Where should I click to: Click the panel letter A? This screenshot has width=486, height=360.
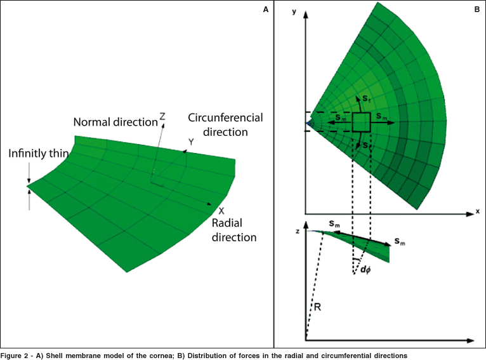[265, 9]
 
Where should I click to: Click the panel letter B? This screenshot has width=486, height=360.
[476, 9]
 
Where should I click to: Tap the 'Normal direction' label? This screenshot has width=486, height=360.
[115, 122]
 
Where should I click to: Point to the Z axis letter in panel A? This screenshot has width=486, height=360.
[162, 117]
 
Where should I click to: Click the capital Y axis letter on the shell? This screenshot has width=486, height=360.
[190, 142]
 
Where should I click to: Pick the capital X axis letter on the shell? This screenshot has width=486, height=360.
[221, 210]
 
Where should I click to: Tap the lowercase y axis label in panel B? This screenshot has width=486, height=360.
[294, 12]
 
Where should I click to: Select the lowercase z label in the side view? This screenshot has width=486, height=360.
[297, 231]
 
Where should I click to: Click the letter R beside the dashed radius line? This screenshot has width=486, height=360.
[317, 307]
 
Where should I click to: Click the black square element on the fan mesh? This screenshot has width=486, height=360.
[362, 123]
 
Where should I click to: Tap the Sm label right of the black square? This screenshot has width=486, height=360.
[382, 117]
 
